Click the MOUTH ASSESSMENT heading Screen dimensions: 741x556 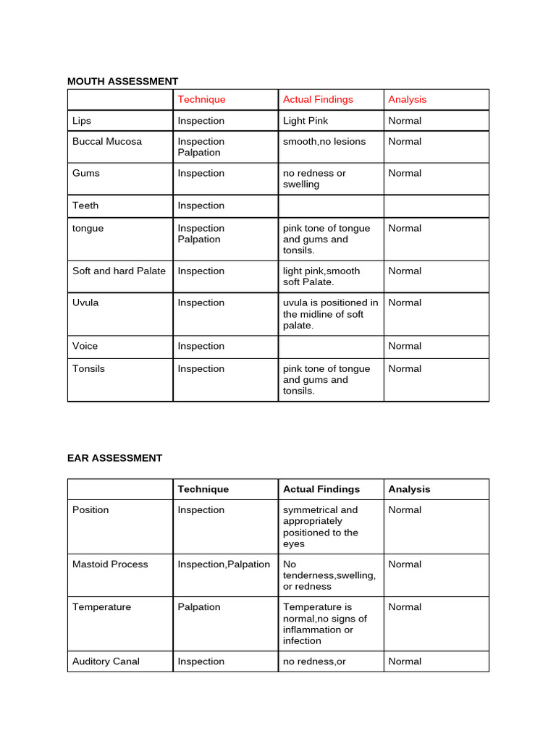(122, 81)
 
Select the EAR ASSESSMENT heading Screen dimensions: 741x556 (114, 458)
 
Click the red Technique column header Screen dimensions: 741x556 (201, 99)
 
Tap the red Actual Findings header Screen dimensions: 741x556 (318, 99)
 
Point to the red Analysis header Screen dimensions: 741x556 (407, 99)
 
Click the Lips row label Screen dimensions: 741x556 (82, 121)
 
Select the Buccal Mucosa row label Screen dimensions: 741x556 (107, 141)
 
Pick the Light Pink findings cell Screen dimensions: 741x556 (306, 121)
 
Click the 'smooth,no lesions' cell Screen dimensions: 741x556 (324, 141)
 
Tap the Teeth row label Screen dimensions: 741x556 (85, 206)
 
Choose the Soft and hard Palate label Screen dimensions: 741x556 (119, 271)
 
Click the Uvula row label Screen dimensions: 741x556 (85, 302)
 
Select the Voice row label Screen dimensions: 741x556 (85, 346)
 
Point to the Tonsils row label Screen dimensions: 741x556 (88, 368)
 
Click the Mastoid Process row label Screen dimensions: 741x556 (110, 564)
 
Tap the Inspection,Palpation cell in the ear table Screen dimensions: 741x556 (224, 564)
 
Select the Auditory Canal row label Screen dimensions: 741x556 (106, 661)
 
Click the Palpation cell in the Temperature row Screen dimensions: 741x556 (199, 607)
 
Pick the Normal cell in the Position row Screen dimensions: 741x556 (405, 510)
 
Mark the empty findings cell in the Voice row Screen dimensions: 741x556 (331, 347)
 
